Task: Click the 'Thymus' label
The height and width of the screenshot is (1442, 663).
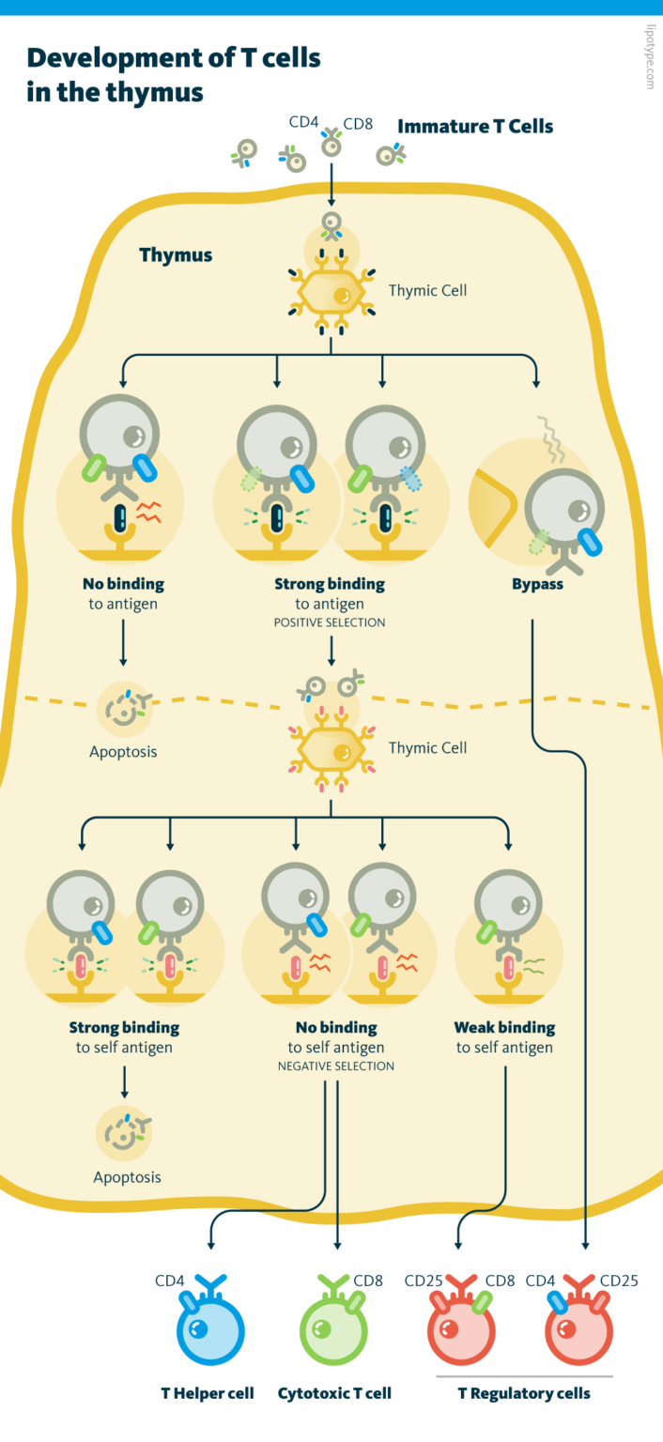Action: pyautogui.click(x=176, y=255)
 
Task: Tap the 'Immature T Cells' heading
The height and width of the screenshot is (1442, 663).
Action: pyautogui.click(x=475, y=127)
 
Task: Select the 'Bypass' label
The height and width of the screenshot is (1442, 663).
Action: pyautogui.click(x=537, y=584)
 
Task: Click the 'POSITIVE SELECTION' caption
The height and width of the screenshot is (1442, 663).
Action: pyautogui.click(x=330, y=622)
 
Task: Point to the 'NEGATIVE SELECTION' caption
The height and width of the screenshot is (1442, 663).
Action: pyautogui.click(x=335, y=1066)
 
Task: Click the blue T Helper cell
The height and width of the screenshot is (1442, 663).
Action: pyautogui.click(x=210, y=1333)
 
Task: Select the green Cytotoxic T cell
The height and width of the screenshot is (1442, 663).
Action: pyautogui.click(x=332, y=1333)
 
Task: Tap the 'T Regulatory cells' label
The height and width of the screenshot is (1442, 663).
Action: pyautogui.click(x=524, y=1392)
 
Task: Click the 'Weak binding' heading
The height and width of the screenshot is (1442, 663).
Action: pyautogui.click(x=504, y=1027)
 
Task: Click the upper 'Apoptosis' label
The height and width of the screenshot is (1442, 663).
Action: pyautogui.click(x=123, y=751)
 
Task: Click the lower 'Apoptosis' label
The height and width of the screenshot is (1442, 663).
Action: pyautogui.click(x=127, y=1176)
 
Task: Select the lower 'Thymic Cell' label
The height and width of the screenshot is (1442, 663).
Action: pyautogui.click(x=427, y=747)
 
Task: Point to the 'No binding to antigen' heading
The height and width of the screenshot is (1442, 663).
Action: pyautogui.click(x=123, y=584)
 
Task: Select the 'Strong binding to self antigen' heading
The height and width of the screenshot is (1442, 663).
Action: pyautogui.click(x=124, y=1027)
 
